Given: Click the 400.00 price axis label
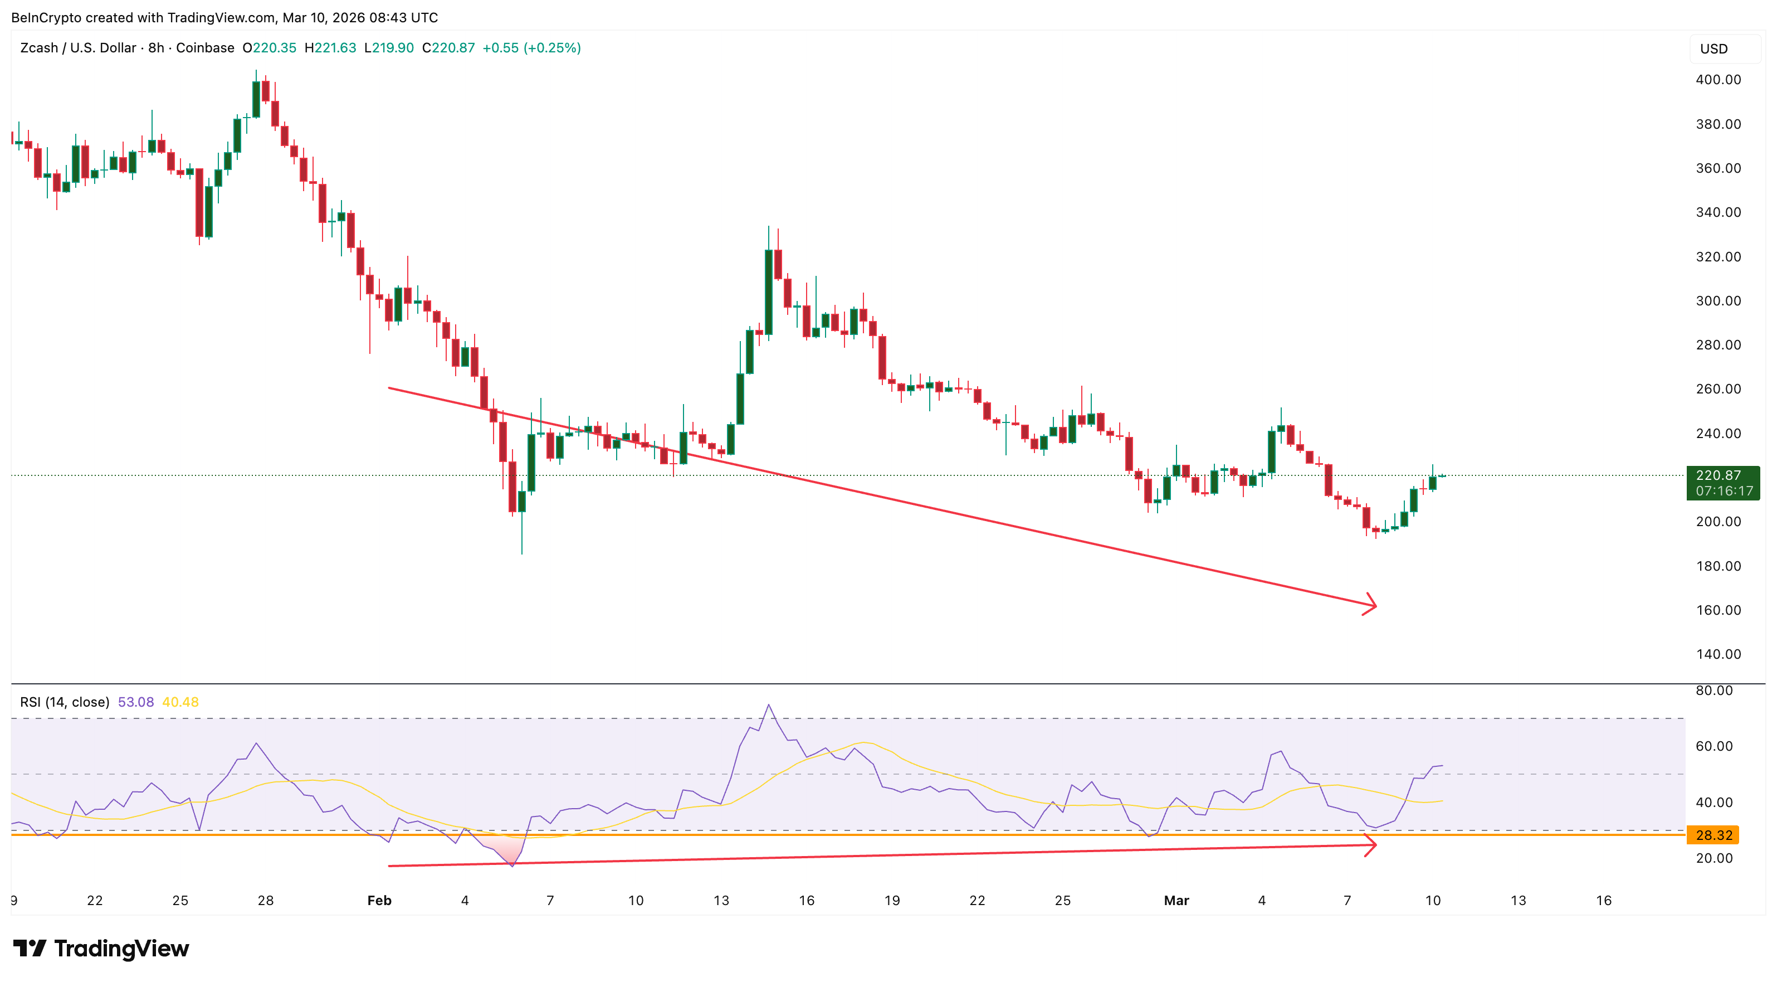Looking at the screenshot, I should (x=1718, y=79).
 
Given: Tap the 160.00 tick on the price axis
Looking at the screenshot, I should (x=1718, y=610).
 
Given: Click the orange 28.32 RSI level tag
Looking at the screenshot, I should (x=1713, y=835).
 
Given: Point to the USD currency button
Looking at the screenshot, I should (x=1713, y=49).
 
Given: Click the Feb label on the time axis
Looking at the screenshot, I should (x=379, y=901).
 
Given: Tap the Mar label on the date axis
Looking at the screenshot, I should (x=1176, y=901).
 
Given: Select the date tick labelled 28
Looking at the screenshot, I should (x=266, y=901).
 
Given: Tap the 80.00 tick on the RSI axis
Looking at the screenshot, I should (x=1713, y=691).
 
